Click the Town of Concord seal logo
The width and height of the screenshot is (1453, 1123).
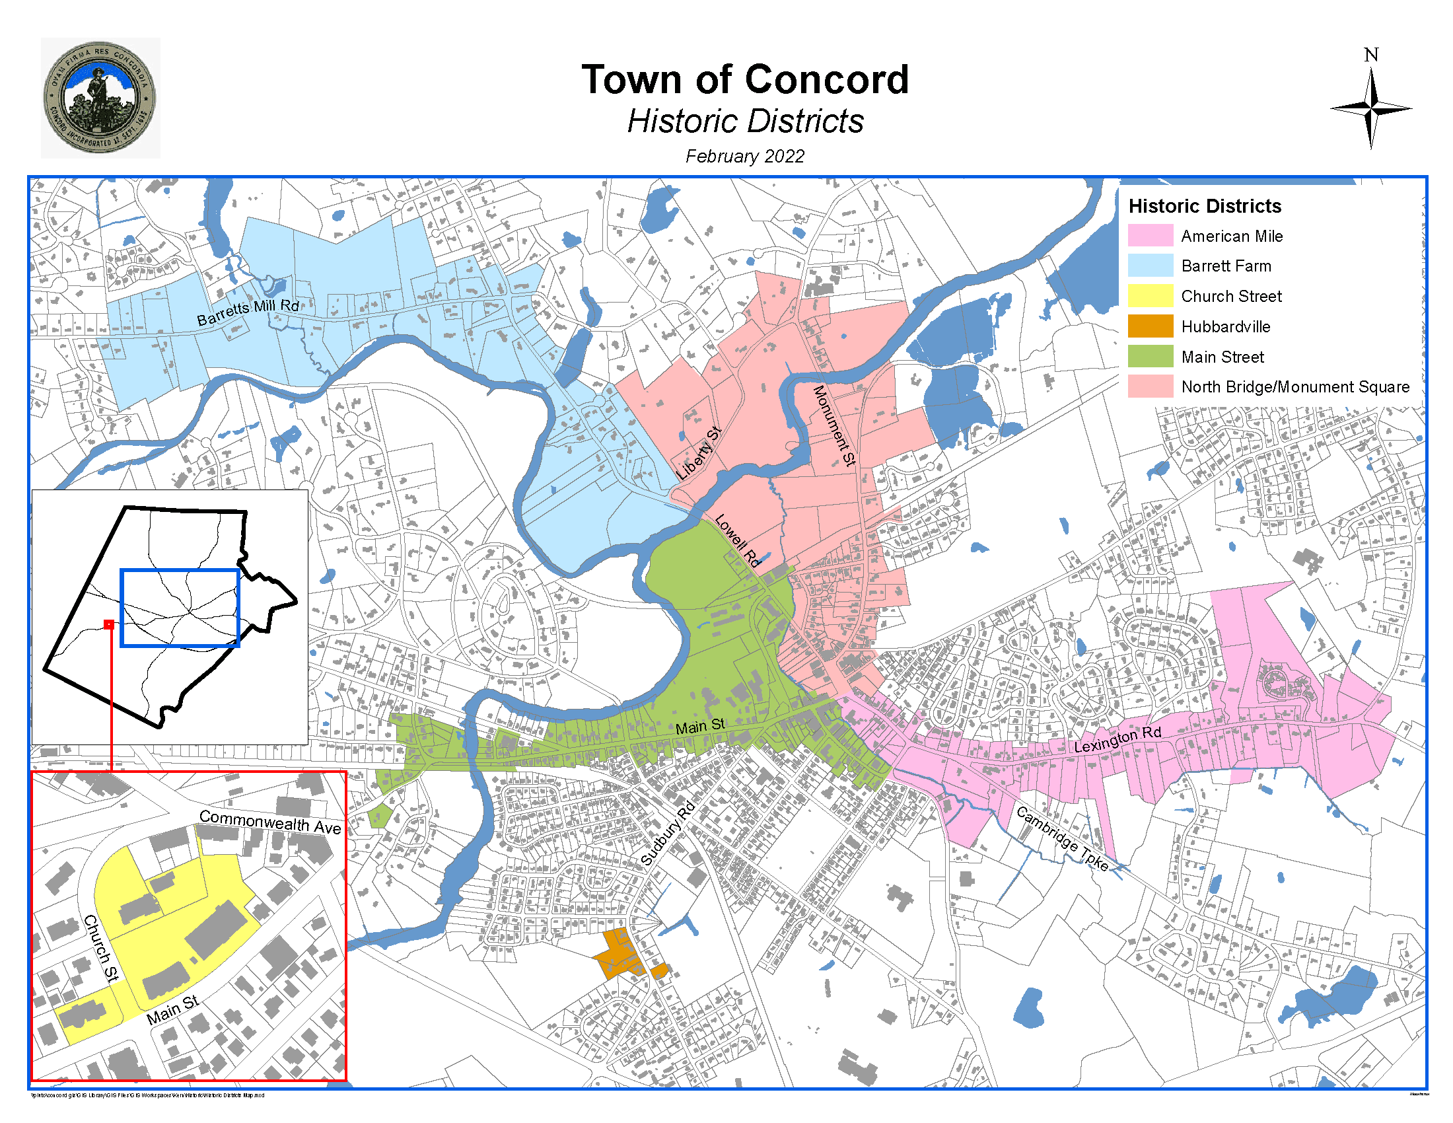pos(100,98)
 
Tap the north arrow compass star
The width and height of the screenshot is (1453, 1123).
pos(1370,108)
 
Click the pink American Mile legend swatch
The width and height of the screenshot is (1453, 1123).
pos(1150,236)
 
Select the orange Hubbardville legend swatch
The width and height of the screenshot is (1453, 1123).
pos(1150,326)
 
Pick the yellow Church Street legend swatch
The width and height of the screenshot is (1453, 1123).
pos(1150,296)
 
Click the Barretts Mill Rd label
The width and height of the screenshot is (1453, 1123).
pos(248,311)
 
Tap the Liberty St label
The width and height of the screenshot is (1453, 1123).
pos(699,454)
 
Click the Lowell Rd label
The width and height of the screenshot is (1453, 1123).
pos(737,540)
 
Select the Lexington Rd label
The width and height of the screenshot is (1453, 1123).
pos(1117,739)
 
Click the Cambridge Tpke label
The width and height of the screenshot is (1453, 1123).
pos(1063,839)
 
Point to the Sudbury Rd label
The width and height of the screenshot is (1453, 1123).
pos(667,834)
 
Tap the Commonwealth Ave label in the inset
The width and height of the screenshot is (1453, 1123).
pos(270,822)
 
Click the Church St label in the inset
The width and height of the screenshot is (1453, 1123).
pos(102,948)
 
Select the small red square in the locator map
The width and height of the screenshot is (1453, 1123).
pos(109,624)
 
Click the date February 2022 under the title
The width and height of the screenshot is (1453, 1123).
pos(744,157)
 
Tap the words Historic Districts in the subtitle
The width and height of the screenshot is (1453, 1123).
pos(744,122)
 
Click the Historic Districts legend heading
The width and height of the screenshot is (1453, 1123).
pos(1204,206)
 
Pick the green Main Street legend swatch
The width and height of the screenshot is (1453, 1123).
pos(1150,357)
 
